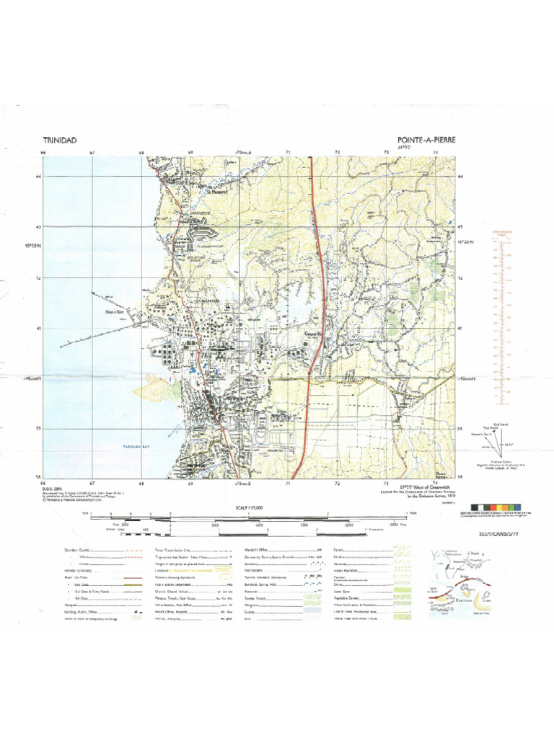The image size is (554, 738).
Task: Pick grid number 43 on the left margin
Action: (38, 228)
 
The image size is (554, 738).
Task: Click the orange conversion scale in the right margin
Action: (498, 317)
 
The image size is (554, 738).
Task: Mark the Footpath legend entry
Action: (72, 605)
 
